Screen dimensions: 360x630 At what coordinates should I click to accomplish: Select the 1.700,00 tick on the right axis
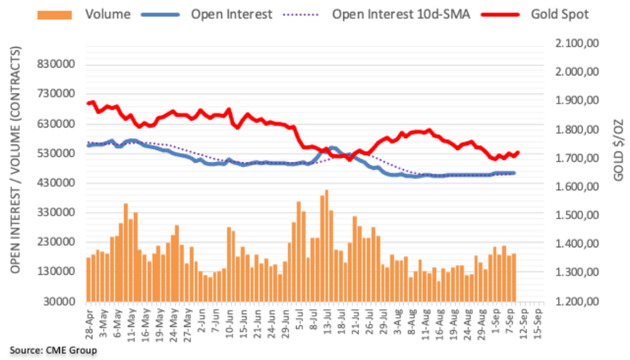[576, 159]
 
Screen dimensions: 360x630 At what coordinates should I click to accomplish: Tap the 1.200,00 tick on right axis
[576, 302]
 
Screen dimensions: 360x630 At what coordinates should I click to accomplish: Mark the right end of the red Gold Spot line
[518, 152]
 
